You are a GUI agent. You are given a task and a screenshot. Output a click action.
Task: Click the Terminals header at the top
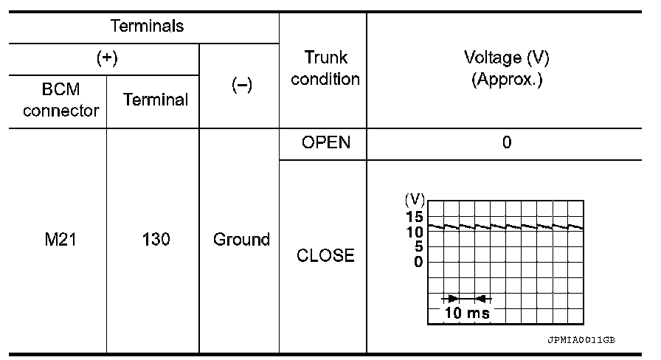coord(147,27)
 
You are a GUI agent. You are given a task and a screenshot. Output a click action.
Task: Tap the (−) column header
coord(240,85)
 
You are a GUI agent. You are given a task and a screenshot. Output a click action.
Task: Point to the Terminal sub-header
coord(155,100)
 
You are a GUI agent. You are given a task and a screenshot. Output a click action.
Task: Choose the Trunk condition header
coord(325,68)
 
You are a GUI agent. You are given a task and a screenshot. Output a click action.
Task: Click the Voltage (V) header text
coord(507,58)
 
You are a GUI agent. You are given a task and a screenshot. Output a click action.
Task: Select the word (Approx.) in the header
coord(507,79)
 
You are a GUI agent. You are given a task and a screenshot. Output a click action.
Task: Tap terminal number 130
coord(155,240)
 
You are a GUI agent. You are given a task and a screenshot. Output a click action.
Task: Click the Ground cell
coord(241,240)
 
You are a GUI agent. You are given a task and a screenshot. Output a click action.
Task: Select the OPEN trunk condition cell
coord(325,142)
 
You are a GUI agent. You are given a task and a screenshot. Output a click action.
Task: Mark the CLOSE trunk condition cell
coord(325,256)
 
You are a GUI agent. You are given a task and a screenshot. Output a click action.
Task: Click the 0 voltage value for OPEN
coord(507,142)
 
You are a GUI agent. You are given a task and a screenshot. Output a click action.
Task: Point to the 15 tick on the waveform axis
coord(414,217)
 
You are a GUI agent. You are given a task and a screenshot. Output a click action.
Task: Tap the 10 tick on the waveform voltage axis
coord(414,232)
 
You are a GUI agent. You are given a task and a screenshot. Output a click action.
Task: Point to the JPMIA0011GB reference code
coord(581,341)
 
